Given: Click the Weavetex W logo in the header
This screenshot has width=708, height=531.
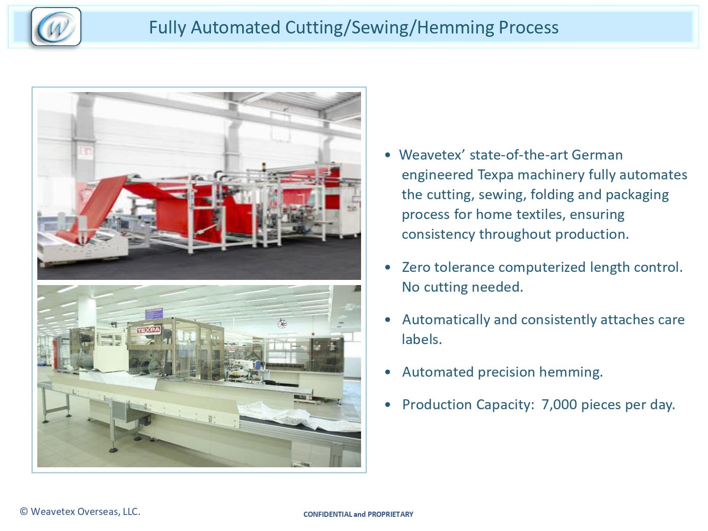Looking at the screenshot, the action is pos(56,27).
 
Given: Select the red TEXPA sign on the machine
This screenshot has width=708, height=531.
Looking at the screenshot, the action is pos(148,330).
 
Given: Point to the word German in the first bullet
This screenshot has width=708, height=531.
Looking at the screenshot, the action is pos(597,155).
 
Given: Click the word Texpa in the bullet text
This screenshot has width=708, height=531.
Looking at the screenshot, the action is pos(496,175).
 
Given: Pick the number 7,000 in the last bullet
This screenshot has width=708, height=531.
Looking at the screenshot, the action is pos(559,405).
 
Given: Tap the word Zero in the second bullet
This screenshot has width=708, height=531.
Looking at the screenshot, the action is pos(416,267).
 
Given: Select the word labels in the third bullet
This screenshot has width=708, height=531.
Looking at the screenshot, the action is pos(421,339).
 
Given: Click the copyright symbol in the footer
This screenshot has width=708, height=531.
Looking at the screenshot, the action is pos(24,512).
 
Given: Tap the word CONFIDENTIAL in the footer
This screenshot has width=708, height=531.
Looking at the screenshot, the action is pos(328,514).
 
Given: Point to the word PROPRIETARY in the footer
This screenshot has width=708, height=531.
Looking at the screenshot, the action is pos(390,514).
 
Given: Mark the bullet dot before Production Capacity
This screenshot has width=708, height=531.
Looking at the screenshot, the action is pos(388,405).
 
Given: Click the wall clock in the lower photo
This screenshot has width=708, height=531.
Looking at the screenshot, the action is pos(282,323).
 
